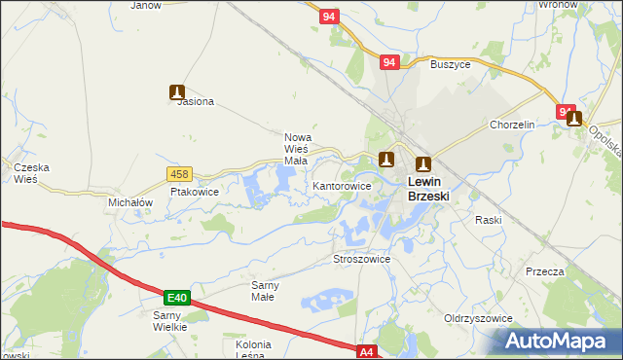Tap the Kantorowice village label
pos(342,185)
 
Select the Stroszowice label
pos(362,260)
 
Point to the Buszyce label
pos(450,64)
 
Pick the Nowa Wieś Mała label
pos(296,149)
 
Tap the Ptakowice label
pos(195,193)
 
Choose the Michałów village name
pos(131,202)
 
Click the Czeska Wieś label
pos(31,173)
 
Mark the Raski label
pos(488,220)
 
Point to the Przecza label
pos(544,271)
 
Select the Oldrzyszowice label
pos(478,318)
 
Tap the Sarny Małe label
pos(265,290)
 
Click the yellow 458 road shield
pos(179,174)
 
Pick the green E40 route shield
pos(175,297)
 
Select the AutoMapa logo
pos(560,342)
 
